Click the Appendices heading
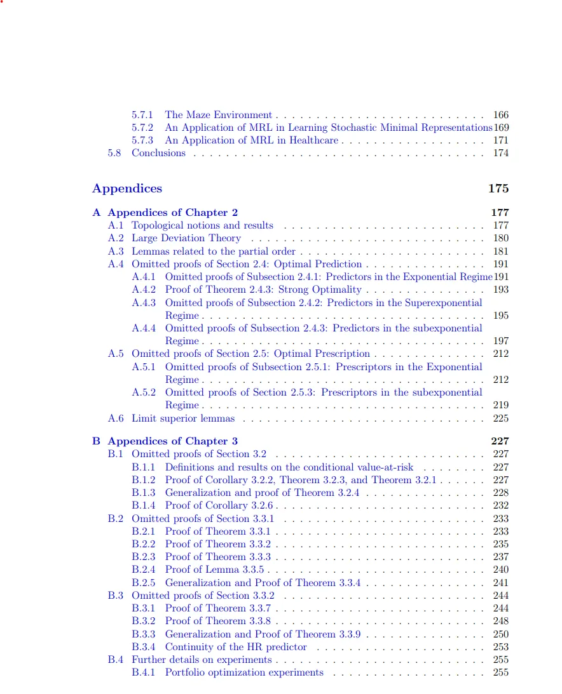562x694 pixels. (x=127, y=189)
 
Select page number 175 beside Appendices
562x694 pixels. (x=498, y=189)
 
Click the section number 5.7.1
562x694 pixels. (x=142, y=115)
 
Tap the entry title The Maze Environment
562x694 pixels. (x=218, y=115)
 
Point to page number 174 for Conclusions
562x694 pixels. (x=501, y=153)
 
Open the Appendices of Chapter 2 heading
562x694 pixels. (x=172, y=213)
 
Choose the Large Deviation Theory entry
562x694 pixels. (x=186, y=238)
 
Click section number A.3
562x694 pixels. (x=115, y=251)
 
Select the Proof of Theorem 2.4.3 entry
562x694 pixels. (x=263, y=290)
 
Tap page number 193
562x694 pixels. (x=501, y=290)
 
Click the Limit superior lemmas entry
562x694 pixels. (x=183, y=418)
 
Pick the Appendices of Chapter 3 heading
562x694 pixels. (x=172, y=441)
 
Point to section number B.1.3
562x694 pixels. (x=143, y=493)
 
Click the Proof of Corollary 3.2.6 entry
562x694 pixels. (x=220, y=505)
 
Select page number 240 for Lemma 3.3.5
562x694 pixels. (x=501, y=570)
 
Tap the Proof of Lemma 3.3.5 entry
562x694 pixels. (x=214, y=570)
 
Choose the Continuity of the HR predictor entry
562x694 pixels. (x=236, y=647)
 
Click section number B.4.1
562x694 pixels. (x=143, y=672)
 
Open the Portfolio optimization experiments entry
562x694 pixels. (x=244, y=672)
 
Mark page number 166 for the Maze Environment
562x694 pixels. (x=501, y=115)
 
